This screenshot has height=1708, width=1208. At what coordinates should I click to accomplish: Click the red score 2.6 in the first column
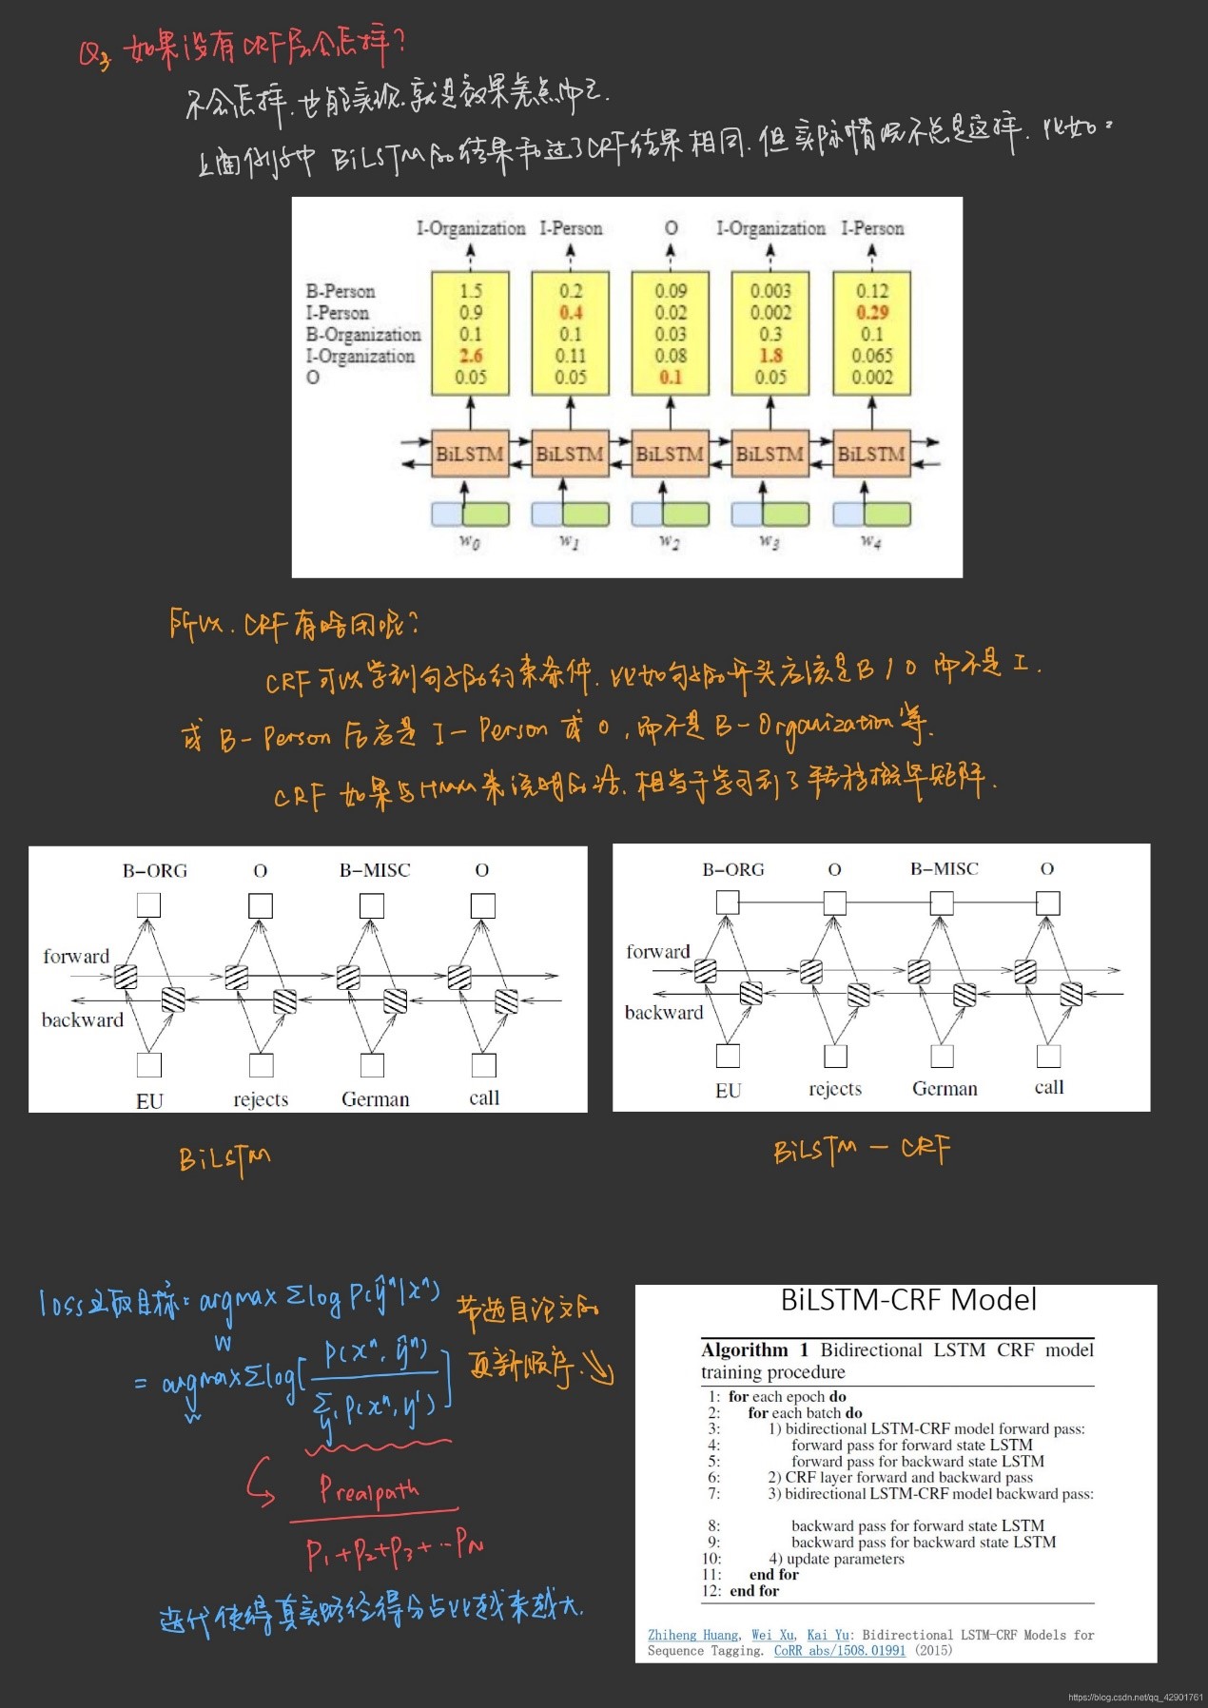tap(470, 356)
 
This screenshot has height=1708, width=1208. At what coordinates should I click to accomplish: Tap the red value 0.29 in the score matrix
tap(871, 312)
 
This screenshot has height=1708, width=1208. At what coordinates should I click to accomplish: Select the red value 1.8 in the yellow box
tap(770, 356)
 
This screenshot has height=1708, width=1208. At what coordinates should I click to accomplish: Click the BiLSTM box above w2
tap(670, 454)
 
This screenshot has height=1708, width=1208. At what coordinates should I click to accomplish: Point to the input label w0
tap(470, 541)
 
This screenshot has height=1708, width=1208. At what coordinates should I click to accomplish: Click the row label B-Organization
tap(362, 334)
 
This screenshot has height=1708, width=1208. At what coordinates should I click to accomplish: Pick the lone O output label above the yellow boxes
tap(671, 228)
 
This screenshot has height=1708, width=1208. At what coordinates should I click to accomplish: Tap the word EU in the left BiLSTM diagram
tap(149, 1100)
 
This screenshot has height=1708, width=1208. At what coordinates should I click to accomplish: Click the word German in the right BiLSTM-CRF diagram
tap(945, 1088)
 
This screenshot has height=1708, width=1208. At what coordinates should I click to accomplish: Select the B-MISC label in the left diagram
tap(375, 870)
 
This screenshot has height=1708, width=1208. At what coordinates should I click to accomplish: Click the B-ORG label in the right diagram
tap(733, 869)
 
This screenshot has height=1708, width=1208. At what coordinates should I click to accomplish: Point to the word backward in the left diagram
tap(83, 1019)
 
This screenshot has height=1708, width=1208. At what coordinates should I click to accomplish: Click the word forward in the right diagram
tap(658, 951)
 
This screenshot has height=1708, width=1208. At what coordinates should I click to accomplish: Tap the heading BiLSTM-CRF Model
tap(908, 1300)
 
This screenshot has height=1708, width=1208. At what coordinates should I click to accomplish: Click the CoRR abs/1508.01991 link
tap(839, 1650)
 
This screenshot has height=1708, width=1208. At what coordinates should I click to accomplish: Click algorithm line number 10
tap(711, 1559)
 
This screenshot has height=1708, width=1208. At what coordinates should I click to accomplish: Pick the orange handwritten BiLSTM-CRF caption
tap(861, 1150)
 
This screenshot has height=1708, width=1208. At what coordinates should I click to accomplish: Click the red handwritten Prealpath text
tap(369, 1489)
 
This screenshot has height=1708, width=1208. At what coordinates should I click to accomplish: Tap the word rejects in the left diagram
tap(261, 1099)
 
